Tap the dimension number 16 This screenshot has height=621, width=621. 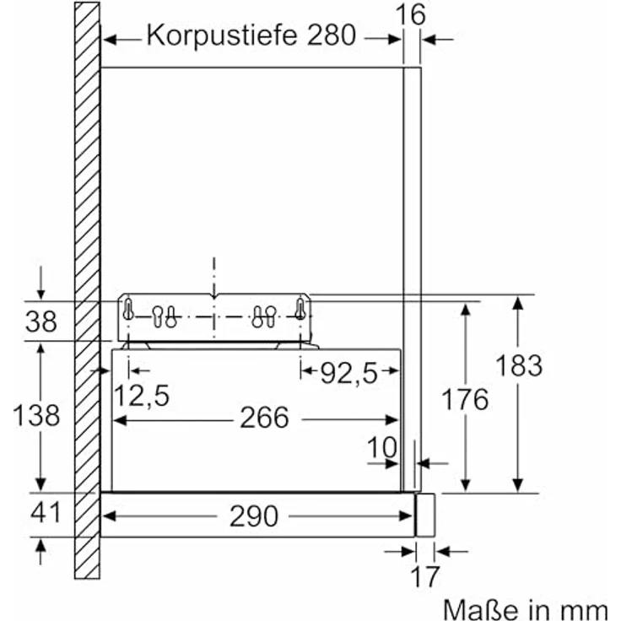coord(410,13)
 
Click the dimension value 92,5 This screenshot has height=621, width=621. coord(348,372)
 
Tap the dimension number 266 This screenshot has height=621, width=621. coord(264,418)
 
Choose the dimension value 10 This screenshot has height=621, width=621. coord(382,447)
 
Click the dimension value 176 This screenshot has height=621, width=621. coord(464,399)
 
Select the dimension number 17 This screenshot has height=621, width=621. coord(426,577)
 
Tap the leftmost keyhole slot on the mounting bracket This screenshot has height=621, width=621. coord(128,310)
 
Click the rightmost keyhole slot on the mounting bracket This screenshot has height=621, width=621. coord(300,309)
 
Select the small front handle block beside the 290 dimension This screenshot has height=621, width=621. coord(425,515)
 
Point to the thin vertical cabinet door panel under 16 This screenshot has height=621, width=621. coord(411,253)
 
